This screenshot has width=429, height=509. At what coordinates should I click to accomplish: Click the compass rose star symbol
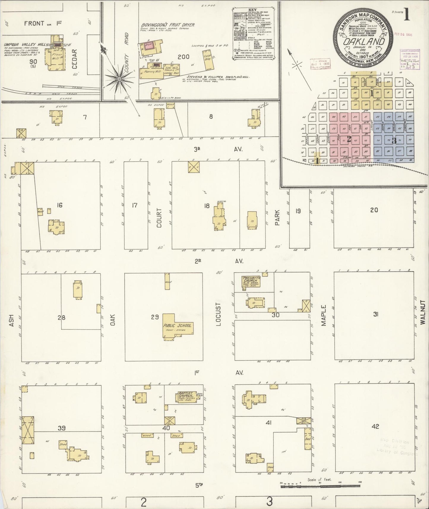(119, 79)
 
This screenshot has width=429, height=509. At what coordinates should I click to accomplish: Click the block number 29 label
(155, 317)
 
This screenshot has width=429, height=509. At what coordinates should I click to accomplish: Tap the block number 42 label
(375, 426)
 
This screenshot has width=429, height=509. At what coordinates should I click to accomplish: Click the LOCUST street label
(219, 314)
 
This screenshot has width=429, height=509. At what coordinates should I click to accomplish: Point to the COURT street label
(159, 218)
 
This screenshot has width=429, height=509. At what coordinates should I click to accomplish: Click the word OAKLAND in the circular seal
(364, 42)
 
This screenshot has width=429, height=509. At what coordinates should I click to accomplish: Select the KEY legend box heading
(253, 9)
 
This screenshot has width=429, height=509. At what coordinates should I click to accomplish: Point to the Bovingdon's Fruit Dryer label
(168, 25)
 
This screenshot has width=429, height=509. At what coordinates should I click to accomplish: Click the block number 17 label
(134, 205)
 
